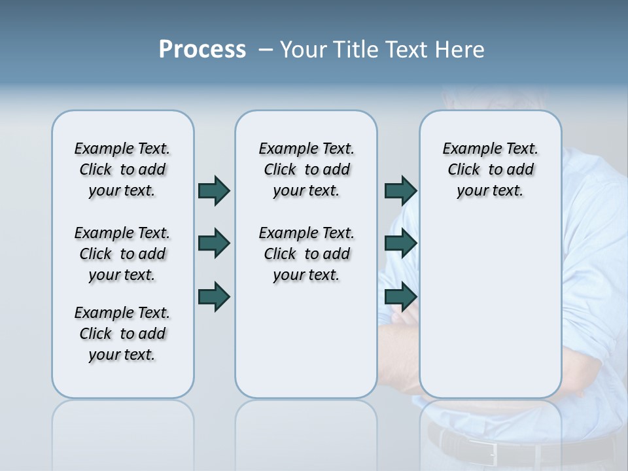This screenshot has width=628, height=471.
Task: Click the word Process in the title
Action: point(202,50)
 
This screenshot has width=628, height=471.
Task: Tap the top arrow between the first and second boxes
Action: point(214,190)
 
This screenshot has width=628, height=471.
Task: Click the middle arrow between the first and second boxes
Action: point(214,243)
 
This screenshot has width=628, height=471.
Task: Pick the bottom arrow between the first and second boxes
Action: point(214,297)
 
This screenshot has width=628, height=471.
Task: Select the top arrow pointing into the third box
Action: point(400,190)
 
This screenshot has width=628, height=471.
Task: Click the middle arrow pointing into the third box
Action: point(400,243)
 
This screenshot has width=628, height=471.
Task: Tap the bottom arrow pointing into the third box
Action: point(400,297)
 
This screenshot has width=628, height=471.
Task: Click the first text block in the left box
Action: point(122,169)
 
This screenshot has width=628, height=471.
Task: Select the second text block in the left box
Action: point(122,254)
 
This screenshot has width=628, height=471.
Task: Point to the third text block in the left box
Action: point(122,334)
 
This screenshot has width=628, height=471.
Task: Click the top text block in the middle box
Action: point(306,169)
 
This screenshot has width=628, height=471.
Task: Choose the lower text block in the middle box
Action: point(306,254)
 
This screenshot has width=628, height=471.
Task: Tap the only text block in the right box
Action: point(490,169)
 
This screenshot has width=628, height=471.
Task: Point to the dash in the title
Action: point(266,50)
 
